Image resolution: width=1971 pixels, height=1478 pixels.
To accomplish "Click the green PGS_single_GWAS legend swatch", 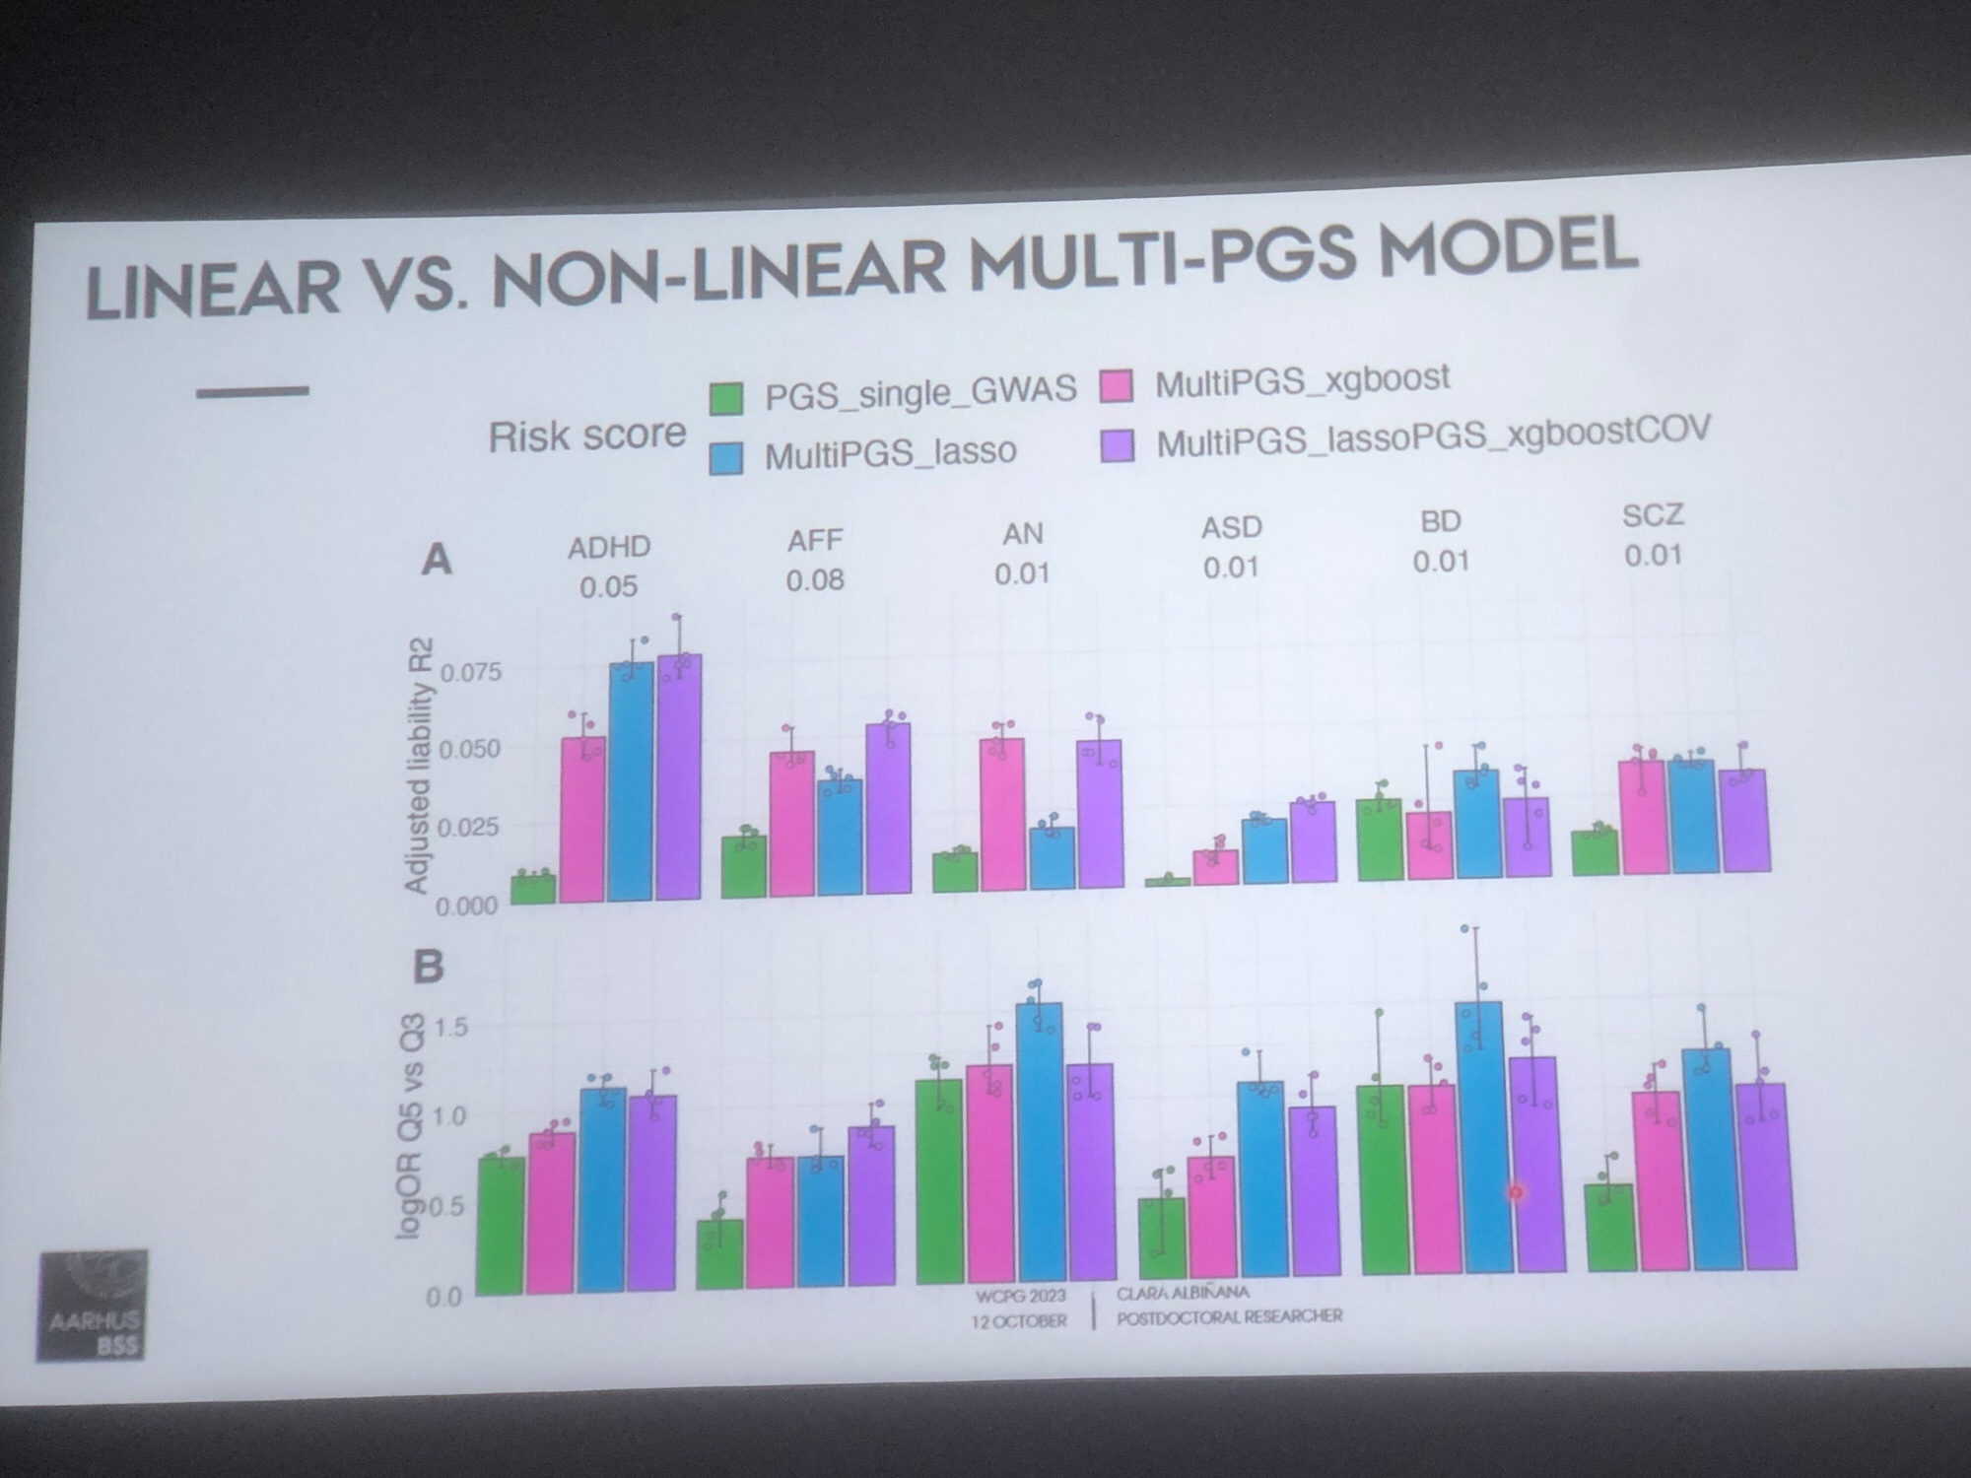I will (726, 399).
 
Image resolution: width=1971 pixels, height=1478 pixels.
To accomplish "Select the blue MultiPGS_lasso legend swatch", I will (726, 457).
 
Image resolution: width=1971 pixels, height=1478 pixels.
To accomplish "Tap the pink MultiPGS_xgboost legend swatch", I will (1116, 386).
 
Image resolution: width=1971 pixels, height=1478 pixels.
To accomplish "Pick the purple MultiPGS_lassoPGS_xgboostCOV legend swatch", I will (1117, 445).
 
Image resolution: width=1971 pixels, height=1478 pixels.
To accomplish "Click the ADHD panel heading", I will (608, 547).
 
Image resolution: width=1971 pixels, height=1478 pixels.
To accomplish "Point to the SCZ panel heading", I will (1653, 514).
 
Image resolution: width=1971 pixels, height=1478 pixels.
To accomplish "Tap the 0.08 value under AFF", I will (815, 579).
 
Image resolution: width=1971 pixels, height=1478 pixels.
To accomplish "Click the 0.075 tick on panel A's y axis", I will (471, 673).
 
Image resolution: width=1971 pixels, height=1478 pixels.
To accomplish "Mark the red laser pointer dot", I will (1516, 1192).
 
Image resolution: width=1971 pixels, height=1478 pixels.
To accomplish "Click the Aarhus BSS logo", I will (93, 1306).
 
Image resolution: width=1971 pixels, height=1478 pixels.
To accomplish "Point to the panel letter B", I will (428, 967).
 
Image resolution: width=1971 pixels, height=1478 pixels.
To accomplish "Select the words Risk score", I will (587, 435).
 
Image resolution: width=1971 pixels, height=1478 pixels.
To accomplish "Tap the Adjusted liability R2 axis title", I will (419, 766).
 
